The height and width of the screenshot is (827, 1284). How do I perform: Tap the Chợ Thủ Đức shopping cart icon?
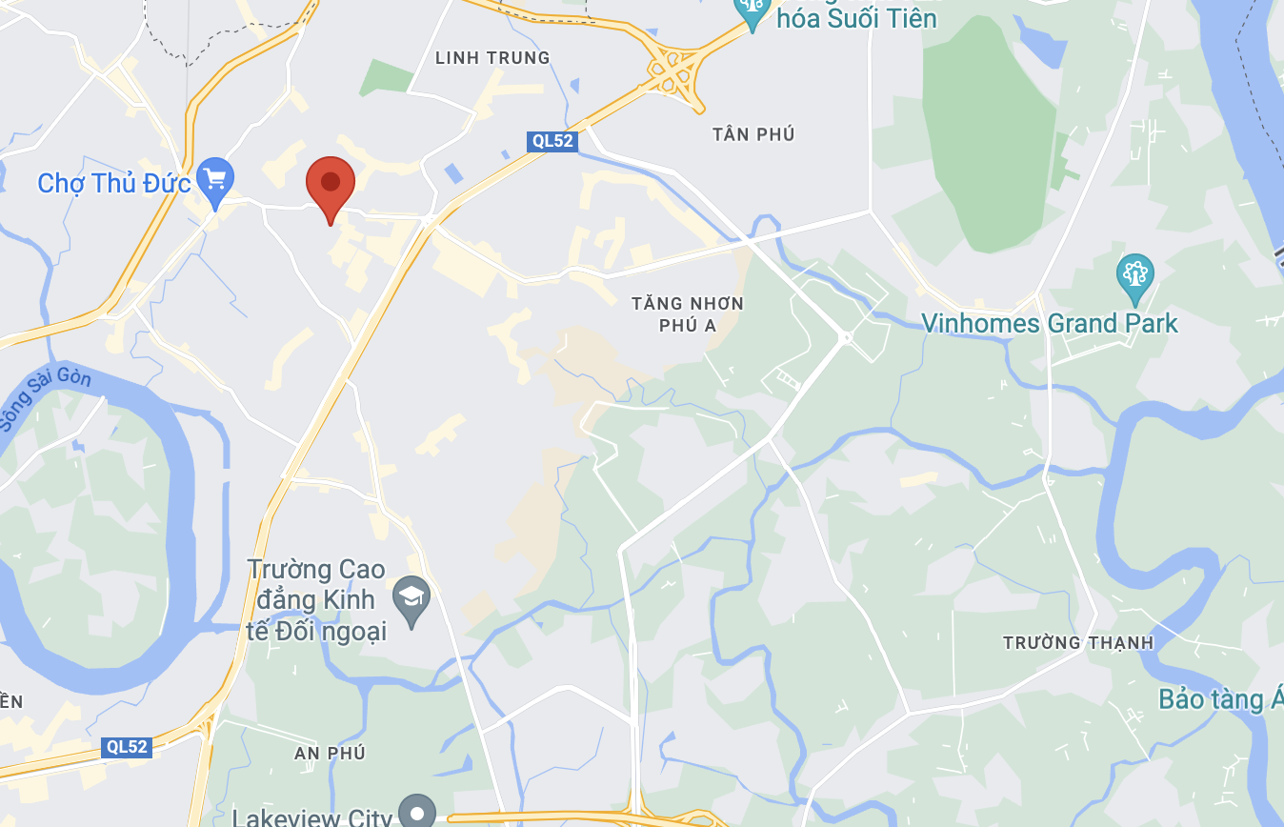click(215, 180)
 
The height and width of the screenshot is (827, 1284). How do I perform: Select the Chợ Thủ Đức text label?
click(114, 183)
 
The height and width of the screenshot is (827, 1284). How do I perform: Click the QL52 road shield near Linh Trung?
click(552, 141)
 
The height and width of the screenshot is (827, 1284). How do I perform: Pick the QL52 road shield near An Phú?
click(127, 747)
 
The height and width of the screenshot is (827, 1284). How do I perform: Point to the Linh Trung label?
click(492, 58)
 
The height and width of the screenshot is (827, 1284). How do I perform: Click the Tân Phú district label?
click(752, 134)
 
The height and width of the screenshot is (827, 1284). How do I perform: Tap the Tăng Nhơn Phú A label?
click(687, 314)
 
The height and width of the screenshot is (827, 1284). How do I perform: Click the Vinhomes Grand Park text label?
click(1049, 324)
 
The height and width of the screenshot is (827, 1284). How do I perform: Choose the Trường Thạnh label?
click(1077, 643)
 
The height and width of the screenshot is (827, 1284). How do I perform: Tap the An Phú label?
click(330, 754)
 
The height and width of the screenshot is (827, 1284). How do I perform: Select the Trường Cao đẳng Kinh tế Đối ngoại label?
click(317, 600)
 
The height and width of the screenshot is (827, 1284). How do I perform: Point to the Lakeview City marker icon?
click(416, 813)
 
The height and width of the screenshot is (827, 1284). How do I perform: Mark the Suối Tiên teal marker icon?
click(752, 11)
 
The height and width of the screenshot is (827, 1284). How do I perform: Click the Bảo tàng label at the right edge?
click(1220, 699)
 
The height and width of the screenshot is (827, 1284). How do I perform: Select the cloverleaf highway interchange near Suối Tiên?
click(675, 72)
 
